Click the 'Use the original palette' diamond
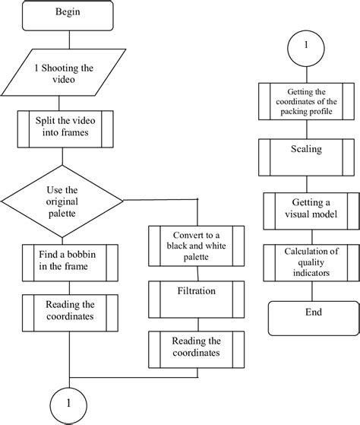[x=62, y=200]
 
